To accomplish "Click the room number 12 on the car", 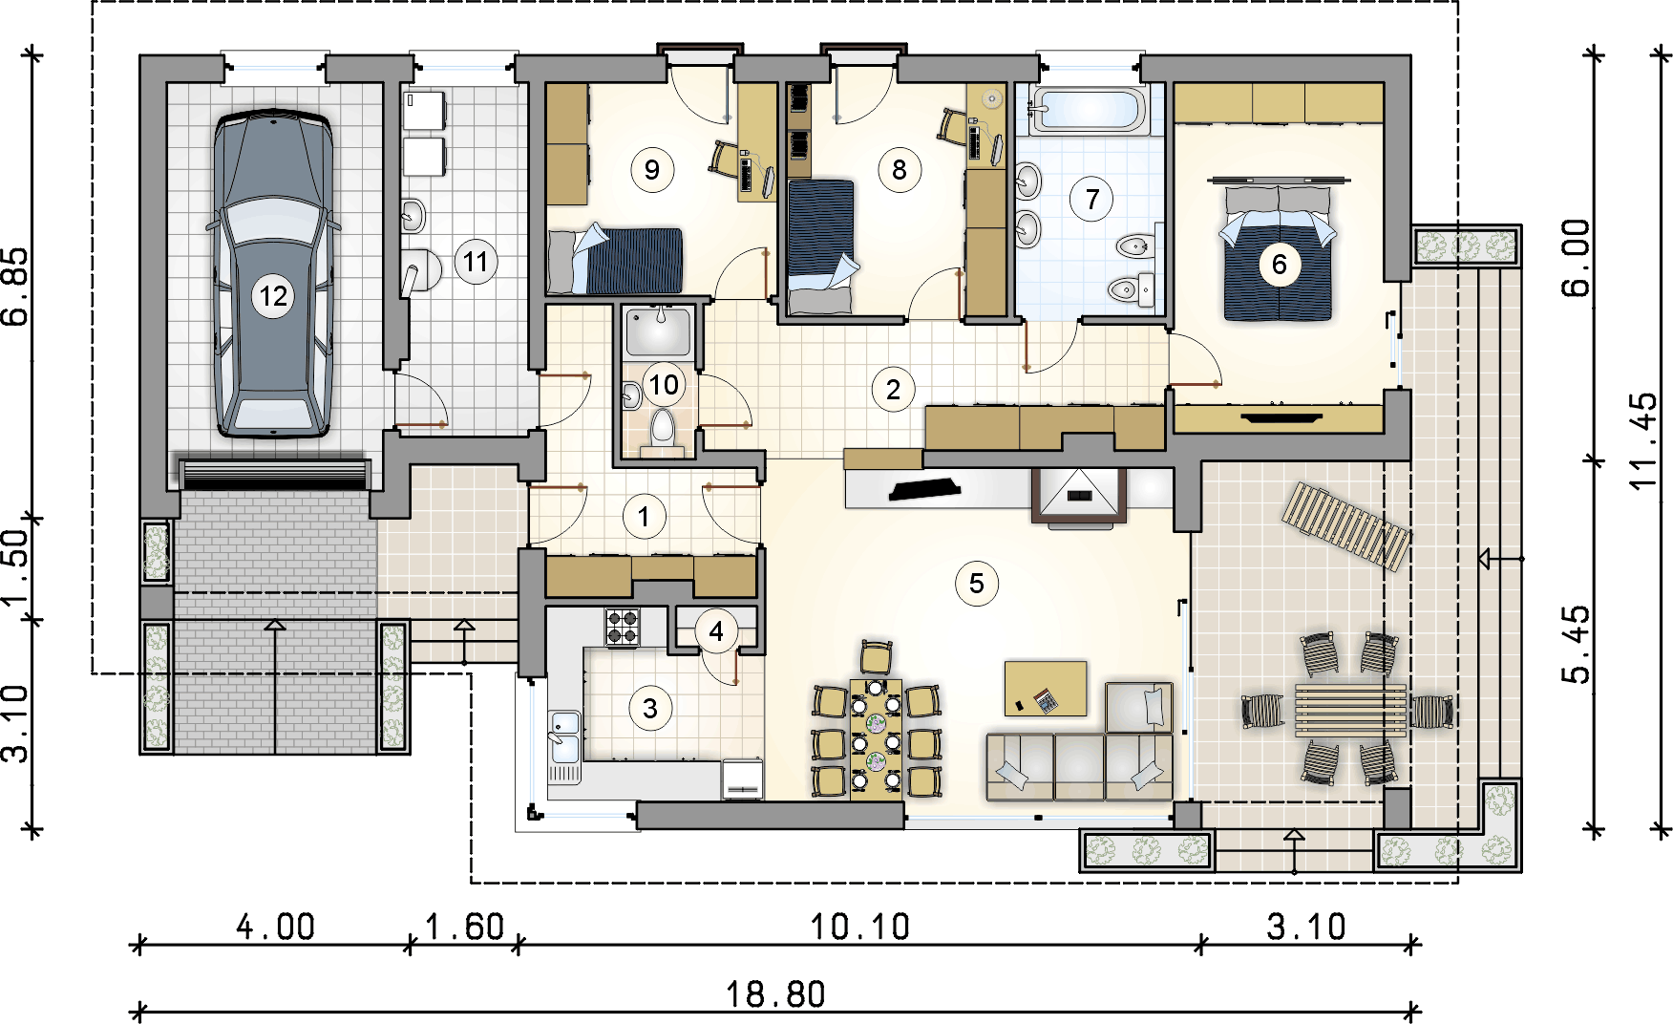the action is coord(273,296).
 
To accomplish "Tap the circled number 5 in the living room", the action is coord(976,584).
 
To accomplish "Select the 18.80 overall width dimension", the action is coord(775,994).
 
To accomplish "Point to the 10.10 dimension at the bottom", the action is coord(859,927).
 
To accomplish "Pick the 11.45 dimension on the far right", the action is coord(1644,441).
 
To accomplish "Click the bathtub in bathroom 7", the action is coord(1087,110).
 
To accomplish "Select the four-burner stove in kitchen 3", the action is coord(624,628).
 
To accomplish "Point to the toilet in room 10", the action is coord(662,429).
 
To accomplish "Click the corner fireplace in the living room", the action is coord(1078,498).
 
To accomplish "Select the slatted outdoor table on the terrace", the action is coord(1350,710).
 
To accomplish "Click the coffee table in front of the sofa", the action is coord(1046,688).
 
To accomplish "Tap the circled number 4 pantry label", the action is coord(716,630).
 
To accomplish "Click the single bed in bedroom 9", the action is coord(616,259).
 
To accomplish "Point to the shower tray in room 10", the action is coord(659,331).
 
